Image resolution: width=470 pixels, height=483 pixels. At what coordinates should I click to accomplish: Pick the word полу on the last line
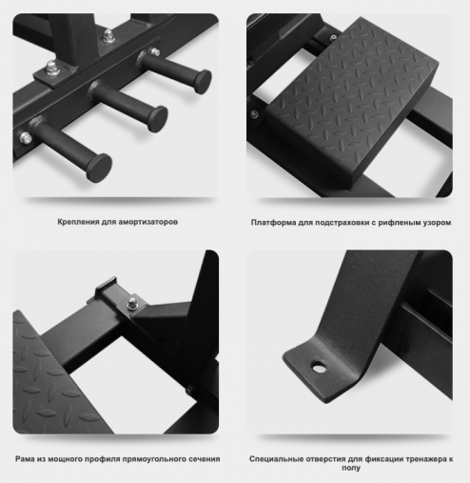click(x=351, y=468)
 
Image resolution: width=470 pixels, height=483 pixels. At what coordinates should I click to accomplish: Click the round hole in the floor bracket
click(x=319, y=368)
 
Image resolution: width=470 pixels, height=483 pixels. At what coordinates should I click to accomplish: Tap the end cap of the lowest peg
click(x=99, y=168)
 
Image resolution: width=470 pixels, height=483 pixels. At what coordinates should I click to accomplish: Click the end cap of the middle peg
click(x=158, y=119)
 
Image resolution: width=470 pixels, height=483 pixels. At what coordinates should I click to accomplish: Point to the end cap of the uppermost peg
click(x=203, y=82)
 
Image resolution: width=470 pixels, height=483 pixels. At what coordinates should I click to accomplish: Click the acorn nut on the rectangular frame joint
click(x=132, y=303)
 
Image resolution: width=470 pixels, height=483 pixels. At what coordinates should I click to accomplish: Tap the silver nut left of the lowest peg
click(x=26, y=138)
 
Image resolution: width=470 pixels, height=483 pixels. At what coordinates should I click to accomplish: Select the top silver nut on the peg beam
click(x=108, y=35)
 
